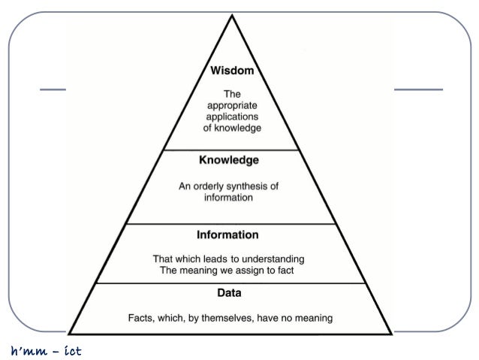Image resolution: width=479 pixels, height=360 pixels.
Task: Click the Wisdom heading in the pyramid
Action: (x=231, y=72)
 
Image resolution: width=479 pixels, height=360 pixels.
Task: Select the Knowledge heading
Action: (x=229, y=160)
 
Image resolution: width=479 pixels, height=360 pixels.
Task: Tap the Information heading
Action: (x=227, y=234)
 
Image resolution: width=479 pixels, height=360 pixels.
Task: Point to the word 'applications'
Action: (x=233, y=117)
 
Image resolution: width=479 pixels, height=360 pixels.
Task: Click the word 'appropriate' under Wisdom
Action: (x=233, y=106)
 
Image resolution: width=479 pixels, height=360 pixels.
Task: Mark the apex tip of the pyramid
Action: (x=231, y=17)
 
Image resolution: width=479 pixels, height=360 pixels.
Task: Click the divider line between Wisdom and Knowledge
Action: (x=231, y=150)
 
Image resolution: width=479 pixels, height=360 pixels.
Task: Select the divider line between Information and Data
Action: (x=229, y=283)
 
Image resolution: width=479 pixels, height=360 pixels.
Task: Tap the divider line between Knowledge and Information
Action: (x=230, y=224)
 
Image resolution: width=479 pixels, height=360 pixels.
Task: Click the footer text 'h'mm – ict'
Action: (x=44, y=350)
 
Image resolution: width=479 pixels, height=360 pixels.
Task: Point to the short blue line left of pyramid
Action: (x=53, y=90)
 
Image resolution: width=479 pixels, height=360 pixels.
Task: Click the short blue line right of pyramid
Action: (x=417, y=90)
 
